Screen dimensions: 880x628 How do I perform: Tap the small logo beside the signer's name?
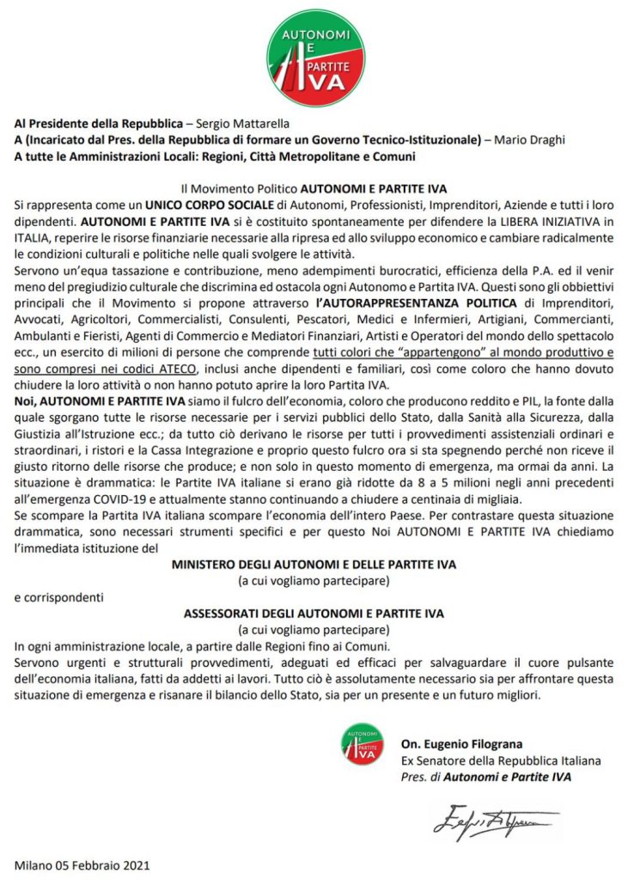pos(361,744)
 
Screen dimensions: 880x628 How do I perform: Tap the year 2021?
pos(135,865)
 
